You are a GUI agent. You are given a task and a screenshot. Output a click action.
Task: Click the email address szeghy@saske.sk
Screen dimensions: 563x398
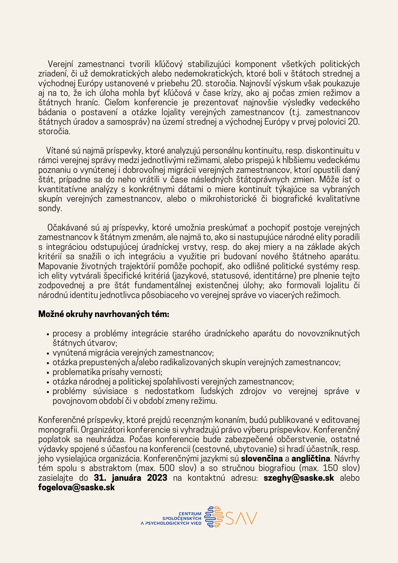(x=299, y=478)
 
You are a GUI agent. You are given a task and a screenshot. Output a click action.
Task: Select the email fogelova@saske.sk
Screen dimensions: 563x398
(x=76, y=488)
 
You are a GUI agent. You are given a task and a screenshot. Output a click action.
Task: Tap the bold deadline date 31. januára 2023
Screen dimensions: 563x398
(x=130, y=478)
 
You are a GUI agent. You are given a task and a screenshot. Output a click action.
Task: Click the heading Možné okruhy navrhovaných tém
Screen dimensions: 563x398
(x=104, y=314)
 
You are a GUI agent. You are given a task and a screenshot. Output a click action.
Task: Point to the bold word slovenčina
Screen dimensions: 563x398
(x=262, y=459)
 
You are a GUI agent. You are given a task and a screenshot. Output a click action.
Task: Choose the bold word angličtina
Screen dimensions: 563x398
(x=311, y=459)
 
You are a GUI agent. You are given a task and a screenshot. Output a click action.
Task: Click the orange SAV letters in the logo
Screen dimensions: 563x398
(x=241, y=519)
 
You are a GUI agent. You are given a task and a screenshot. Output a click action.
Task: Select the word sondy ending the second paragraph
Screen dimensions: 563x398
(x=50, y=209)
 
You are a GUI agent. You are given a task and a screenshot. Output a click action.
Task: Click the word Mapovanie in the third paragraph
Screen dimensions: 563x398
(x=57, y=266)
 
